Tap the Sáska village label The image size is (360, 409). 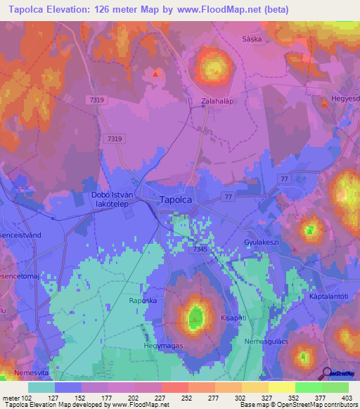[x=251, y=39]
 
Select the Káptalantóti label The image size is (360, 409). [x=329, y=297]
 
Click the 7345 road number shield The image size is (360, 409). [x=199, y=248]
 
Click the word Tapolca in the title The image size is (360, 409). [x=28, y=10]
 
